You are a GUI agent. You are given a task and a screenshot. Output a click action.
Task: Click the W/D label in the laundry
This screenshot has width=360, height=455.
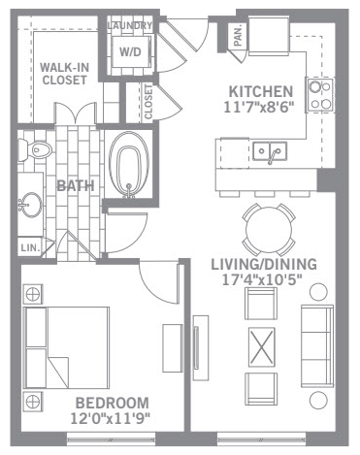point(130,51)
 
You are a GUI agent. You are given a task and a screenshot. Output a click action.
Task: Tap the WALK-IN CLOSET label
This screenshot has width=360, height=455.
point(64,74)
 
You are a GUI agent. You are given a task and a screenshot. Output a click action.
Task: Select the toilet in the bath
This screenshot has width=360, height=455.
point(35,149)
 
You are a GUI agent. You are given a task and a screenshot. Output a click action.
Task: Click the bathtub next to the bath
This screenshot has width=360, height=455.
point(129,165)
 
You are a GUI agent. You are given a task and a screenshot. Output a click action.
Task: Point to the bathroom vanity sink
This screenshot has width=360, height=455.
point(31,205)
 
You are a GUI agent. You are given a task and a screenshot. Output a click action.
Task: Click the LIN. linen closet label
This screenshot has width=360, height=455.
point(30,248)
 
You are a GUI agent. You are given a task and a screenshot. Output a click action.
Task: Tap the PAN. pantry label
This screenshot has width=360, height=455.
point(238,36)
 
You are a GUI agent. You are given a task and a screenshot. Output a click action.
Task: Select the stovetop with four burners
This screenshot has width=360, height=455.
point(320,95)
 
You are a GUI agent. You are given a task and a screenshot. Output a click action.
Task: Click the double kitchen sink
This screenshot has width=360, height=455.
point(270,151)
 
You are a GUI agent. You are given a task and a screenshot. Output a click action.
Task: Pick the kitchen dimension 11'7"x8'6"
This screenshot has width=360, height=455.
point(259,108)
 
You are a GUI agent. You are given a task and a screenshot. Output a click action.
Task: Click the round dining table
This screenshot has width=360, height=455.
point(269,230)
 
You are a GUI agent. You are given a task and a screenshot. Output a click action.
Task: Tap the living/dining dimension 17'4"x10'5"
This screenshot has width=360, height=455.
point(262,279)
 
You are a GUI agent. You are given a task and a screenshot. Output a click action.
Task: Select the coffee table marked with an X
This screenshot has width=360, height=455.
point(262,347)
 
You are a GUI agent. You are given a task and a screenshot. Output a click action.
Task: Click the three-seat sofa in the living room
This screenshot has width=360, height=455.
point(317,346)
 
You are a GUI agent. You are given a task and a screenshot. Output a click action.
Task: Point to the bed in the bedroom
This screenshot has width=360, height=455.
point(67,347)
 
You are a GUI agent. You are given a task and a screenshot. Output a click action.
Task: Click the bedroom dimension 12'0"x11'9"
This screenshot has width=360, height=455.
point(111,418)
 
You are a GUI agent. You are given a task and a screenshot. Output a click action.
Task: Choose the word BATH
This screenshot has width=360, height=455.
point(76,186)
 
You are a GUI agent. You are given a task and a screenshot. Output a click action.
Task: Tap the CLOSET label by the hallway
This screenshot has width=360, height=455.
point(148,102)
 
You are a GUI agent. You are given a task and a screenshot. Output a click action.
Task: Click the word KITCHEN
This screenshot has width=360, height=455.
point(261,92)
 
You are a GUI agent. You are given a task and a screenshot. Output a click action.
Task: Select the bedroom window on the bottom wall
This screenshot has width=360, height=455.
point(112,439)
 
